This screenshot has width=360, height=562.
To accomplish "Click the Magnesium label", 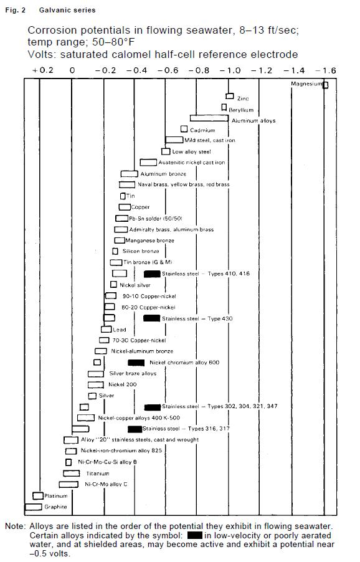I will (x=306, y=84).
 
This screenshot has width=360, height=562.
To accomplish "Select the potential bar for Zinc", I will (x=230, y=97).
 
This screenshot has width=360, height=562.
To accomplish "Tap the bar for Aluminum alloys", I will (x=209, y=118).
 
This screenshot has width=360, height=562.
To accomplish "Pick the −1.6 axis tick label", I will (x=326, y=70).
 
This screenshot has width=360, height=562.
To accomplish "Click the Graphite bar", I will (x=32, y=507).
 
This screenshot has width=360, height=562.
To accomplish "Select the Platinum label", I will (x=55, y=496).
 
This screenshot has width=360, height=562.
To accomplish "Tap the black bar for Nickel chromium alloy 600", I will (x=136, y=363).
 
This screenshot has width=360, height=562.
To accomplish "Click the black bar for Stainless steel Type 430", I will (x=151, y=318).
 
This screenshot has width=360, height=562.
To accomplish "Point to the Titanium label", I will (x=97, y=474).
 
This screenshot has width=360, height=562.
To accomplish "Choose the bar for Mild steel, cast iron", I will (x=174, y=140).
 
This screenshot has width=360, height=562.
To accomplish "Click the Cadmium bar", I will (x=184, y=129).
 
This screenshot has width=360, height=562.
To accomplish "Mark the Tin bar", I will (x=123, y=196).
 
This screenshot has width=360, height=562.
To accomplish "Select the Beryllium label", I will (x=242, y=110).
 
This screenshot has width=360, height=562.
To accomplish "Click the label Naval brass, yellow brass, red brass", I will (x=183, y=185).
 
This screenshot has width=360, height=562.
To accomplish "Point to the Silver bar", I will (x=93, y=396).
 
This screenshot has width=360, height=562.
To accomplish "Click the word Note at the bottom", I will (x=14, y=526).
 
